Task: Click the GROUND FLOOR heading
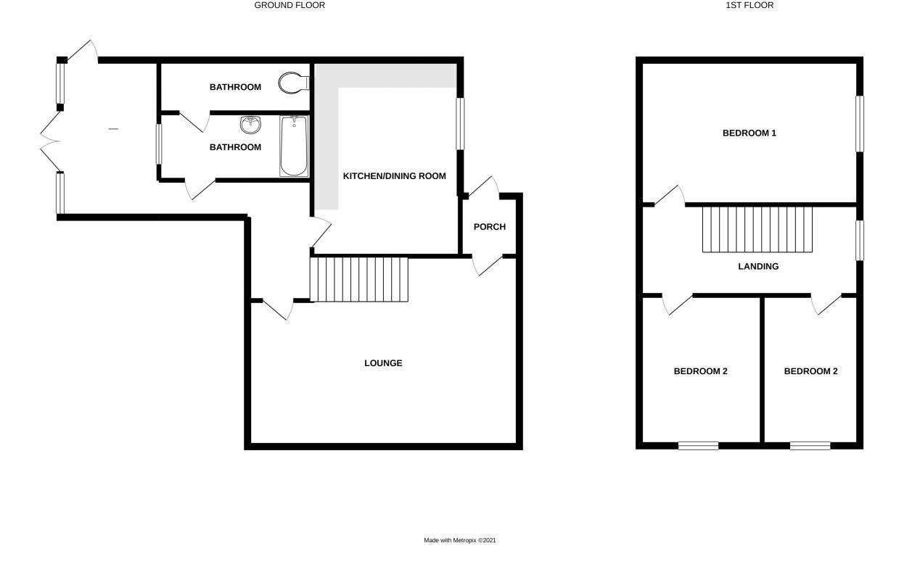(289, 5)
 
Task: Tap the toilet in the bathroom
(293, 83)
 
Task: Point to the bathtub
(294, 146)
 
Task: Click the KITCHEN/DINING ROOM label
(394, 176)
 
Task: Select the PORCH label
(489, 227)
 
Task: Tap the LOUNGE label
(383, 363)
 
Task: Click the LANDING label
(758, 267)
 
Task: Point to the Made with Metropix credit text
(460, 540)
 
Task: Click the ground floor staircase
(359, 278)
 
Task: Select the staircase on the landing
(757, 229)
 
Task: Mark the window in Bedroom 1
(859, 124)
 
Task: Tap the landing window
(859, 240)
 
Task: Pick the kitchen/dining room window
(460, 124)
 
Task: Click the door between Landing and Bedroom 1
(670, 196)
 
